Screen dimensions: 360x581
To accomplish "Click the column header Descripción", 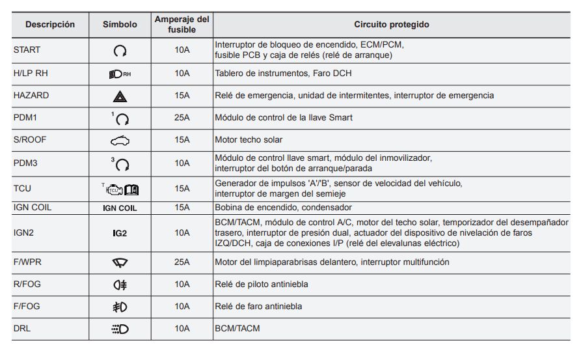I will [50, 25].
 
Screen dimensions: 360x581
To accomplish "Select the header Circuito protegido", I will [391, 25].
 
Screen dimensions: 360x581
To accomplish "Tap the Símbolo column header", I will [120, 25].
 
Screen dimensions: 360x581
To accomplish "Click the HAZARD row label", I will [31, 95].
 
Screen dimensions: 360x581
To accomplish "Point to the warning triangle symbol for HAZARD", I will [120, 96].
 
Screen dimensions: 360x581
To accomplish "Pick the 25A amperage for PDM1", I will [182, 117].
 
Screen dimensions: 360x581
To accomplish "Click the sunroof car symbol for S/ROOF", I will [120, 140].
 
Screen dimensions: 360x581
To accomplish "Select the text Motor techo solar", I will [249, 139].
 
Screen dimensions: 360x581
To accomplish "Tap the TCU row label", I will [22, 189].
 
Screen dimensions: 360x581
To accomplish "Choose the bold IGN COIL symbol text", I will [120, 208].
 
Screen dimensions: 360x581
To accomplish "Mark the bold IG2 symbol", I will [120, 233].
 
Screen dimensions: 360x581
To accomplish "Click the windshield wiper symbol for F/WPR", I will [120, 262].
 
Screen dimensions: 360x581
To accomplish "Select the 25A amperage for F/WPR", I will [182, 262].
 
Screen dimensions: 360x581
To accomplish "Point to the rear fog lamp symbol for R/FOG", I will [120, 284].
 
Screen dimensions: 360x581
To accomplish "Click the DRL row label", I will [21, 329].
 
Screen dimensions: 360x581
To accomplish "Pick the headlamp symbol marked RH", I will [120, 74].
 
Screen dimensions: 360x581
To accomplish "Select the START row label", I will [27, 49].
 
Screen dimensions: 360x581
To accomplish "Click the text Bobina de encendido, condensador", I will [284, 208].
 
